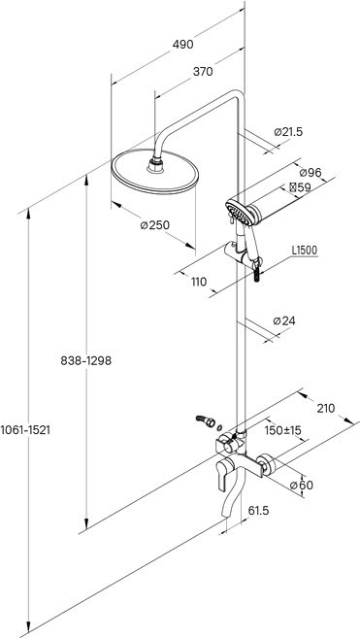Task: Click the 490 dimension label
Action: tap(182, 45)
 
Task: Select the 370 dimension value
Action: tap(203, 72)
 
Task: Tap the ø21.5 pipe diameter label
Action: tap(288, 132)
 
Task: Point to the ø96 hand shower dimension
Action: tap(310, 173)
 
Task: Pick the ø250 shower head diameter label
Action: tap(154, 224)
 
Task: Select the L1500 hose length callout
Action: tap(305, 251)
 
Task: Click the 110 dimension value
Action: tap(199, 282)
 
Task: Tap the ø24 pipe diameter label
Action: tap(284, 321)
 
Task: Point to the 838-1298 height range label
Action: tap(85, 360)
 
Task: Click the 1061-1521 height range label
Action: tap(25, 429)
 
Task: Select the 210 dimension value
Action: tap(325, 408)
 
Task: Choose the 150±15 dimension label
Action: tap(282, 430)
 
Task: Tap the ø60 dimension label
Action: tap(302, 485)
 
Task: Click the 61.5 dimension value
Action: tap(259, 510)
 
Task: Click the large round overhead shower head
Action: tap(155, 172)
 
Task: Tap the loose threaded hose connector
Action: tap(206, 421)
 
